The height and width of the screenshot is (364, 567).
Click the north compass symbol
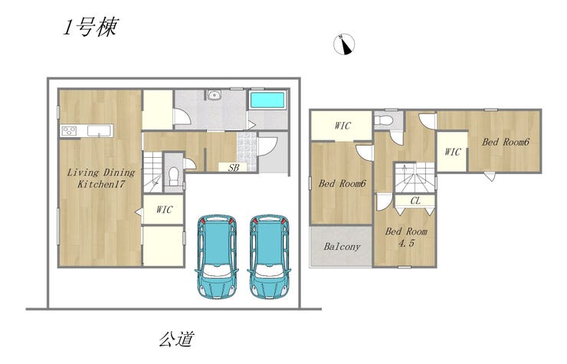(x=344, y=44)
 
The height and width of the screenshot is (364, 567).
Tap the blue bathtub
(x=267, y=100)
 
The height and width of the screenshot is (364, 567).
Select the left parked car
(x=217, y=257)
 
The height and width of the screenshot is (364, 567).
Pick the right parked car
(x=269, y=257)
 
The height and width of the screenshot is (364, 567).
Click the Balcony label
(x=342, y=247)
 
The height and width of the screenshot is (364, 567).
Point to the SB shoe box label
(x=234, y=168)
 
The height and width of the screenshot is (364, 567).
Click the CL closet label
(x=415, y=201)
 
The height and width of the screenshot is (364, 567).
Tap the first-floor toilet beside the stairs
(x=174, y=175)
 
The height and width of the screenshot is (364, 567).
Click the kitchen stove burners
(x=69, y=130)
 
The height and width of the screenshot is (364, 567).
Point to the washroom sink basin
(x=215, y=95)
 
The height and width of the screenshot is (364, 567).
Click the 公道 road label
(x=177, y=339)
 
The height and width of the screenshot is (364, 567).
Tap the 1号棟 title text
(x=90, y=27)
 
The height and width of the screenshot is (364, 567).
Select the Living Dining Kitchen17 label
(x=101, y=178)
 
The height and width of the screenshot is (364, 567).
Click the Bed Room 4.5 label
(x=406, y=237)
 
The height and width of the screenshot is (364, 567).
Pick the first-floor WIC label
(x=164, y=209)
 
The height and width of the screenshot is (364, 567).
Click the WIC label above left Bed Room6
(x=342, y=126)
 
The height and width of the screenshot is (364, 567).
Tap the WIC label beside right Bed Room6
(x=453, y=152)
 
